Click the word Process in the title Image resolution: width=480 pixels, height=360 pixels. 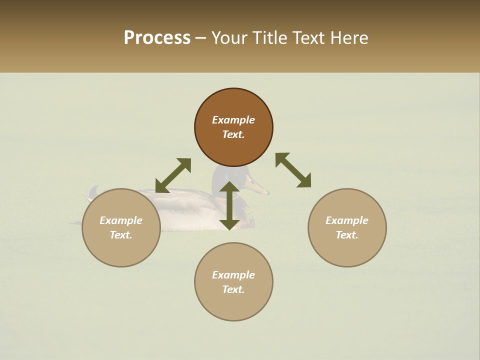tap(157, 38)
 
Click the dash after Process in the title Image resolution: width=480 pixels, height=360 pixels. tap(200, 38)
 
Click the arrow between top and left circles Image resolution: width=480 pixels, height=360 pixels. tap(173, 175)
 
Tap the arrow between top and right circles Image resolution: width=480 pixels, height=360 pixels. tap(293, 170)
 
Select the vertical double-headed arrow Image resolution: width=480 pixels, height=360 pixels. tap(229, 205)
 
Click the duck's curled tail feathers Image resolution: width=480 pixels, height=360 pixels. tap(93, 191)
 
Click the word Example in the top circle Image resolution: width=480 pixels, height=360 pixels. tap(233, 120)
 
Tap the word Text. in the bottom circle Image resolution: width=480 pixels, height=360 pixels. tap(233, 289)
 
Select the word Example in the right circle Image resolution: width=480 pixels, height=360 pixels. tap(347, 220)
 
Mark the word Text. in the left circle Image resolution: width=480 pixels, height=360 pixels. tap(121, 235)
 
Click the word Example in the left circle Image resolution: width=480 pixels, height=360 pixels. tap(121, 220)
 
